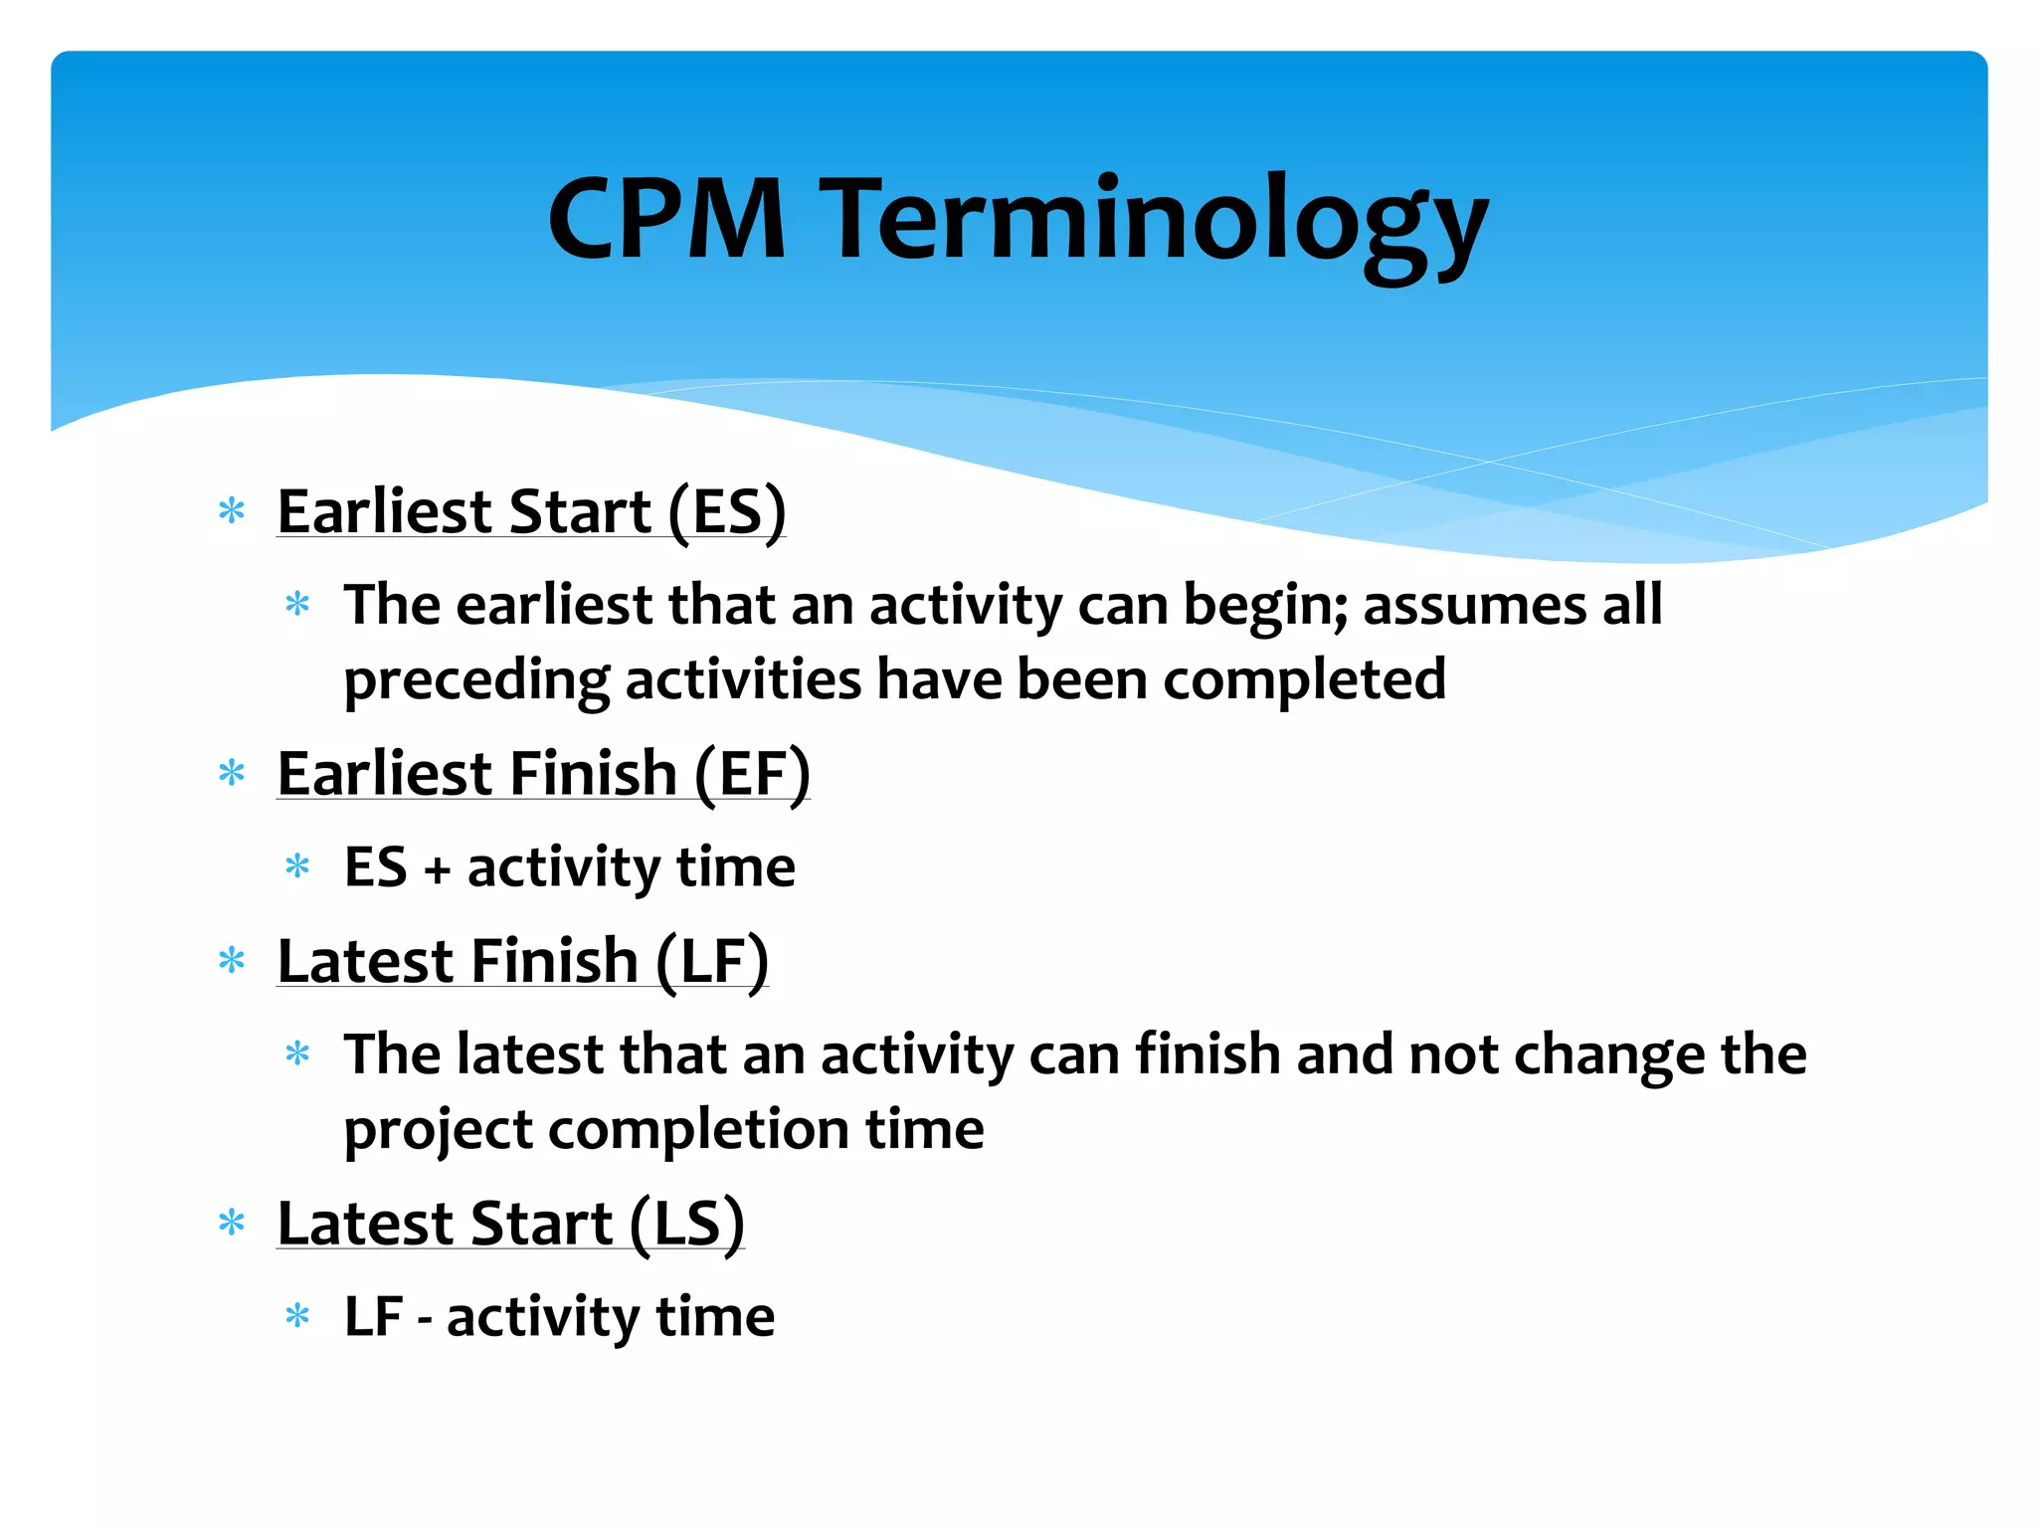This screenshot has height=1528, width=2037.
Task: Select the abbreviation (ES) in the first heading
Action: (x=727, y=512)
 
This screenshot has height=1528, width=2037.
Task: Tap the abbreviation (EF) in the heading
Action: (x=752, y=775)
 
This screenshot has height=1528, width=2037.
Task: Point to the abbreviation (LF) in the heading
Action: (x=712, y=962)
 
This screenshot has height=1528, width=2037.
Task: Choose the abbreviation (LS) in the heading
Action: (x=687, y=1225)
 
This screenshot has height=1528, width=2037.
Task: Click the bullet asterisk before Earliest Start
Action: (x=232, y=512)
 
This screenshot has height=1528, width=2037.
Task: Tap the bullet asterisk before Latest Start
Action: (x=232, y=1224)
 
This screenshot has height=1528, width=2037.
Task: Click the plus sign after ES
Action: (x=437, y=870)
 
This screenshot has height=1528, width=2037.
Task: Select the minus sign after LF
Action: (x=425, y=1320)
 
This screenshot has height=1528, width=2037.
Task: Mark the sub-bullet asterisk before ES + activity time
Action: (x=297, y=866)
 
